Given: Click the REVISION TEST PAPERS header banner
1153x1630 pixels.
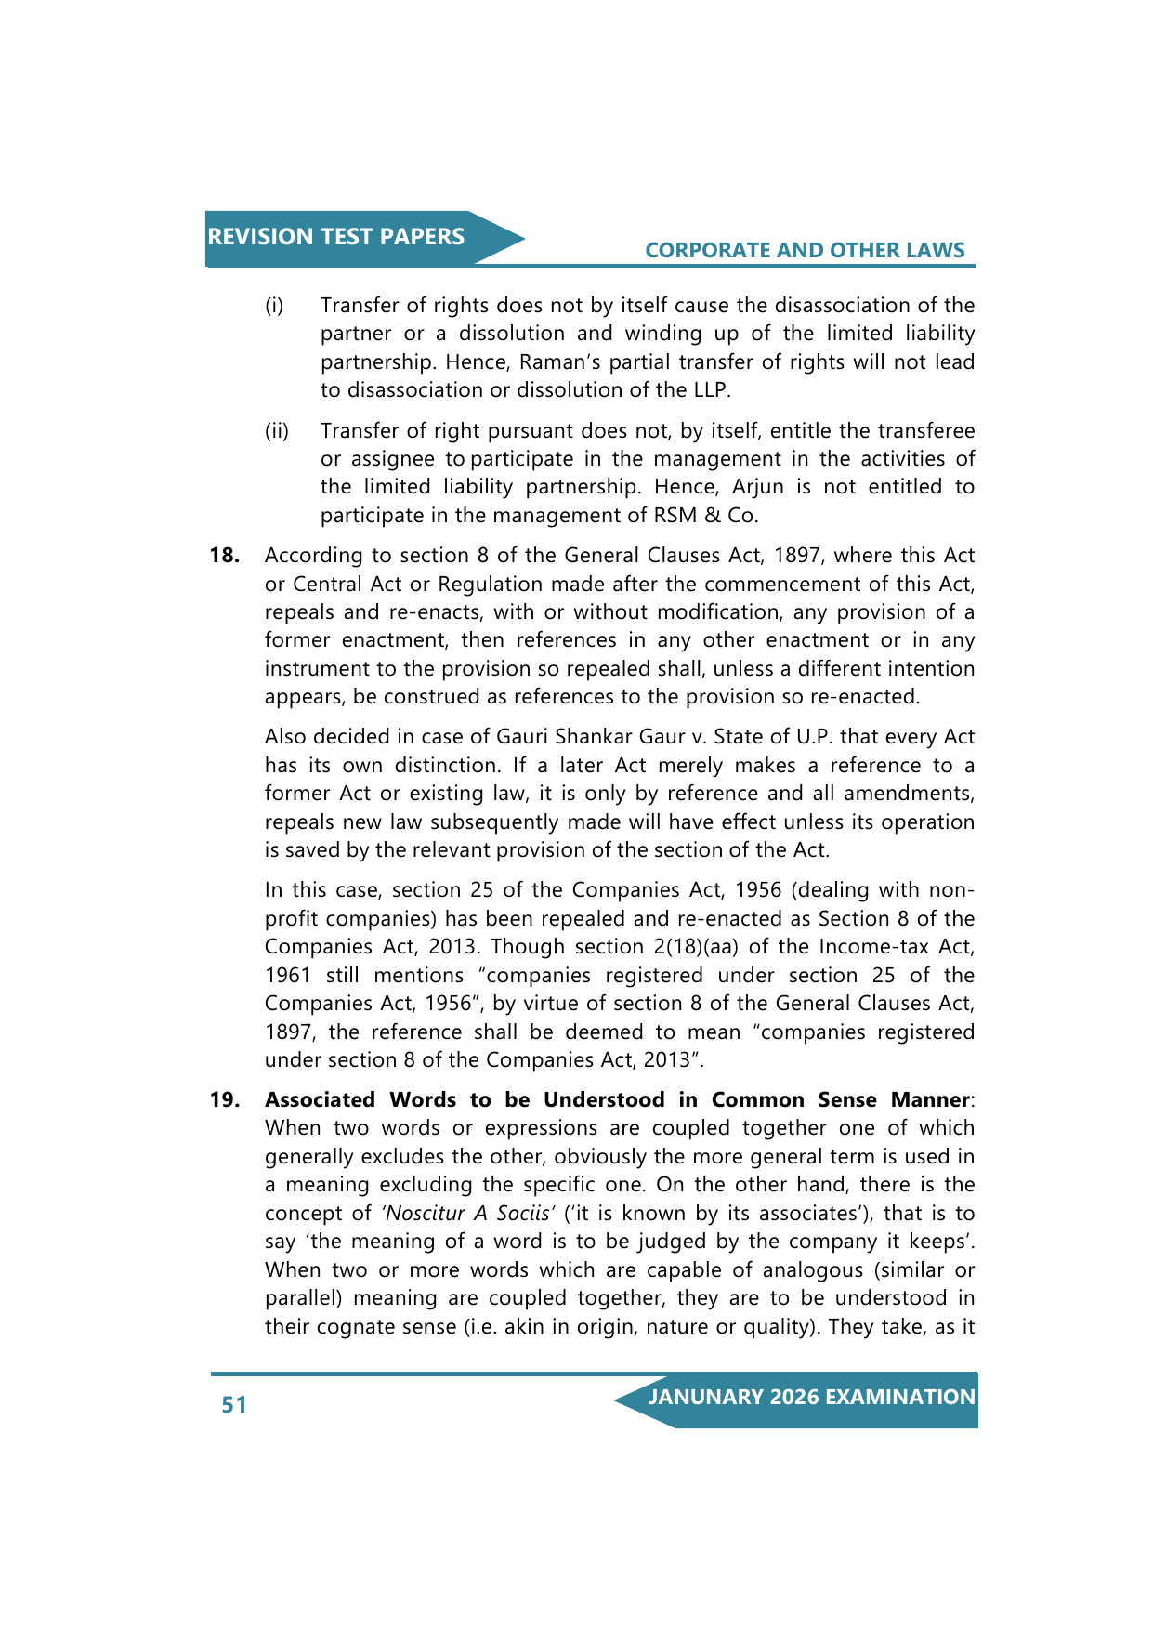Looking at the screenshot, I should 336,237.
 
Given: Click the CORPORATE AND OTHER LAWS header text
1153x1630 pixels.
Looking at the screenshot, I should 805,250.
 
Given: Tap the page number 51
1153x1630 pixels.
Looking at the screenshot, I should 234,1404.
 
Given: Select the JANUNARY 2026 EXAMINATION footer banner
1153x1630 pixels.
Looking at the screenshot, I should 811,1398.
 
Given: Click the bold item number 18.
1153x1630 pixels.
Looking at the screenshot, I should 225,556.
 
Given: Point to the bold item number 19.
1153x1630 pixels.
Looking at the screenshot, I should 225,1100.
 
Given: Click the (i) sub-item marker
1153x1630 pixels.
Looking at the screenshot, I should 274,306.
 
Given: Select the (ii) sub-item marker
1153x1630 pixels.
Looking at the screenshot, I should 277,431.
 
